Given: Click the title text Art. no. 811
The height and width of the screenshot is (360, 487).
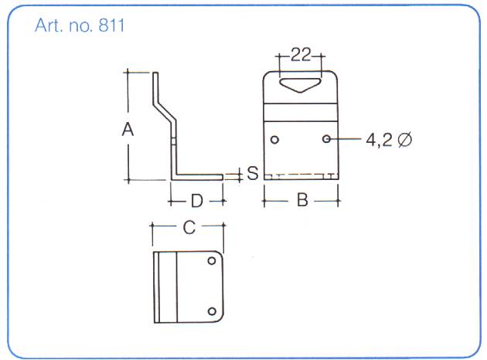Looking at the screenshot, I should (80, 25).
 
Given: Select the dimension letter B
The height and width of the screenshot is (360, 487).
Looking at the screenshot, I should (302, 201).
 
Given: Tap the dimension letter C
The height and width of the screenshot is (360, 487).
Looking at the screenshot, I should (188, 227).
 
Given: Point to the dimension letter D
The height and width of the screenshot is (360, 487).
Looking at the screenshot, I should (197, 202).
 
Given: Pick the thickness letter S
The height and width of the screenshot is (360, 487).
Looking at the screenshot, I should (252, 174).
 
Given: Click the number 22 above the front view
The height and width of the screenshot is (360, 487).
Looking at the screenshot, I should (301, 55).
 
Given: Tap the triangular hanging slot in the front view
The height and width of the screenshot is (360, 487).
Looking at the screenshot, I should (301, 82).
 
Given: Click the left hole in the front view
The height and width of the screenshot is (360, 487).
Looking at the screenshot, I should (275, 140).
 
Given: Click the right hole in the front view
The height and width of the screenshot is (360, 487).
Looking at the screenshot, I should (328, 139).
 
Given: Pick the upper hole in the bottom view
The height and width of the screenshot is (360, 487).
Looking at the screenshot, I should (212, 261).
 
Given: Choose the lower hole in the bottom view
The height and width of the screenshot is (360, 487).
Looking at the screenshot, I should (212, 311).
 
